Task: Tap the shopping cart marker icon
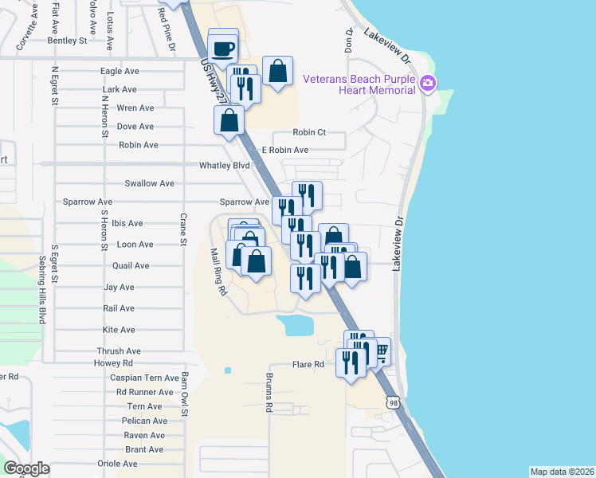pyautogui.click(x=381, y=351)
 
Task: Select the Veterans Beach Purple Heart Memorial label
pyautogui.click(x=360, y=84)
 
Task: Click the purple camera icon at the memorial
pyautogui.click(x=428, y=84)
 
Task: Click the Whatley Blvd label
pyautogui.click(x=225, y=166)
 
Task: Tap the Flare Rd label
pyautogui.click(x=308, y=365)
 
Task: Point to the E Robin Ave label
pyautogui.click(x=288, y=150)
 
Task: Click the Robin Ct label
pyautogui.click(x=310, y=132)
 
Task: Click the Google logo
pyautogui.click(x=27, y=468)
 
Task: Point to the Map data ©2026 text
pyautogui.click(x=563, y=472)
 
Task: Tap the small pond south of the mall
pyautogui.click(x=296, y=324)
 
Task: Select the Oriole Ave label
pyautogui.click(x=118, y=464)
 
